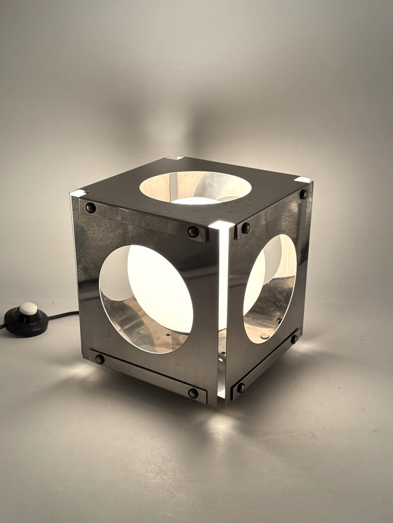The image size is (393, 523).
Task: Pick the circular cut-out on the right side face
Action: point(270,288)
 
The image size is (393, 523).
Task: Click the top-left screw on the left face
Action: point(91,208)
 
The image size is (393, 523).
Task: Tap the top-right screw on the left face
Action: point(193,231)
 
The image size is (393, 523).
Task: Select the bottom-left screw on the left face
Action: point(100,359)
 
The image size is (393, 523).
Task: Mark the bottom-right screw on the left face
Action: point(193,393)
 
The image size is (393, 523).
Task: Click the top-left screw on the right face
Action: point(245,228)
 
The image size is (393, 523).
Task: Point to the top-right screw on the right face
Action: point(303,194)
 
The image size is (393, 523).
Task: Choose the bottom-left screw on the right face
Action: point(241,388)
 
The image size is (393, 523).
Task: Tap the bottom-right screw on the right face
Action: point(295,339)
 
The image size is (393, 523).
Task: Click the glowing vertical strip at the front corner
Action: point(222,308)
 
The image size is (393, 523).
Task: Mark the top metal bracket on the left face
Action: point(140,219)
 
